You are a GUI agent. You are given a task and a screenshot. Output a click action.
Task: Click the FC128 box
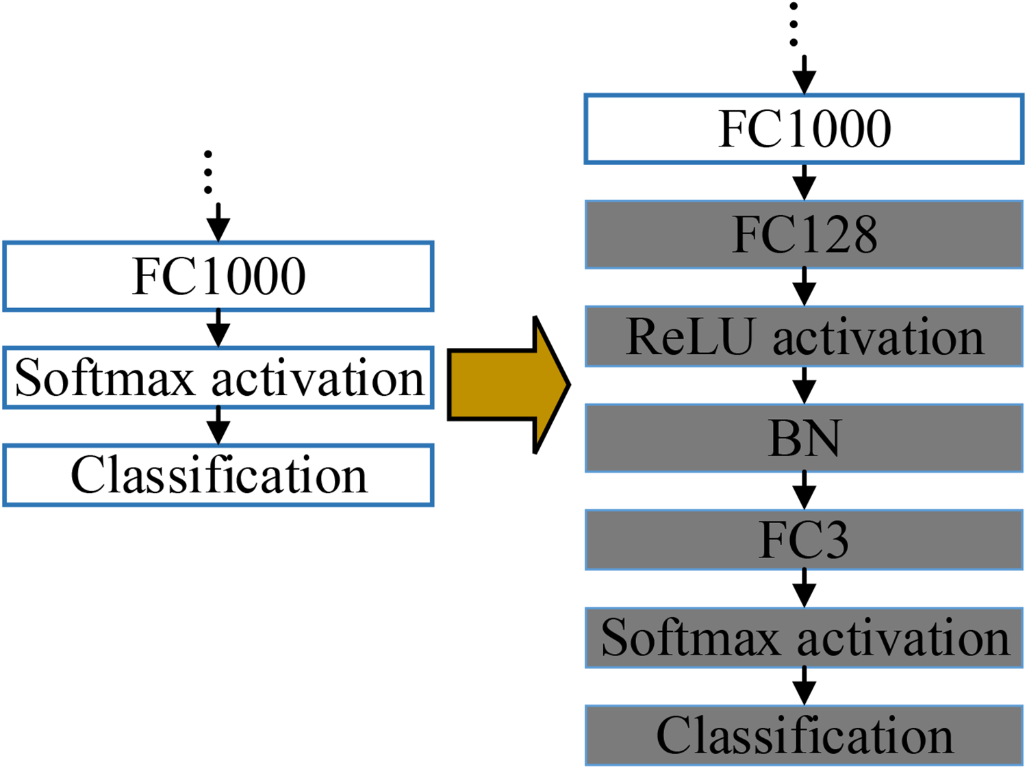[x=804, y=235]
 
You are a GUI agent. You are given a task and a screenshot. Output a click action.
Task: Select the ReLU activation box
[x=804, y=337]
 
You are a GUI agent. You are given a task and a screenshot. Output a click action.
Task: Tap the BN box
[x=804, y=438]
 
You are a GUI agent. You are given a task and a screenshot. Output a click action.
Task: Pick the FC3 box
[x=804, y=540]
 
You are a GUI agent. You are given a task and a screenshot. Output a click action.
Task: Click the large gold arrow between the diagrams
[x=508, y=385]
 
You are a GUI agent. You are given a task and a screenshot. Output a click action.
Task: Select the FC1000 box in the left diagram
[x=218, y=276]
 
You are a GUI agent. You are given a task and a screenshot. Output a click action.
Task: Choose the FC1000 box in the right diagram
[x=804, y=129]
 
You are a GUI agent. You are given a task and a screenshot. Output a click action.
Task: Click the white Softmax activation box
[x=218, y=378]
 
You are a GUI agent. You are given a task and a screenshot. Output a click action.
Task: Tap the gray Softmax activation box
[x=804, y=638]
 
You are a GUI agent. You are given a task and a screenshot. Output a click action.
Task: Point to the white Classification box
[x=218, y=475]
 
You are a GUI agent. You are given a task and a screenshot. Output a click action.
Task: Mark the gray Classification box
[x=804, y=735]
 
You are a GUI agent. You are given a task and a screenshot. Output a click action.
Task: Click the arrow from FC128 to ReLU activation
[x=804, y=286]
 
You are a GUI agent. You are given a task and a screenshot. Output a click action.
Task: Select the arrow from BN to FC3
[x=804, y=490]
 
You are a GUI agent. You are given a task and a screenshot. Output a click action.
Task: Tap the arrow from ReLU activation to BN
[x=804, y=386]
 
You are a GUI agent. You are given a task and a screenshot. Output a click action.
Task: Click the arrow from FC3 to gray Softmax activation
[x=804, y=588]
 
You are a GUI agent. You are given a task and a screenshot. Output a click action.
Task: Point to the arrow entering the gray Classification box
[x=804, y=686]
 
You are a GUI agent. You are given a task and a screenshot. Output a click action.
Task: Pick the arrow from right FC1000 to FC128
[x=804, y=182]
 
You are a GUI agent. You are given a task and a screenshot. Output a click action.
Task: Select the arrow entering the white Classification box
[x=218, y=426]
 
